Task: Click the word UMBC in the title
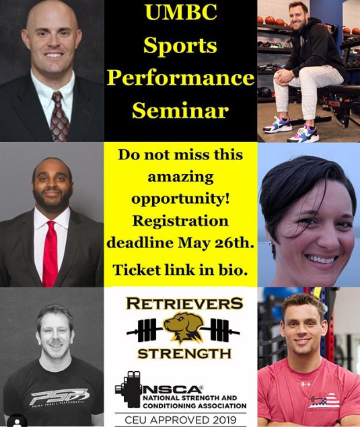tap(181, 12)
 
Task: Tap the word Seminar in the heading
tap(180, 110)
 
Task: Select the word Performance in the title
tap(180, 77)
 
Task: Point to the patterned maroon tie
tap(59, 116)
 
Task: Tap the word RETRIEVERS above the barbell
tap(184, 303)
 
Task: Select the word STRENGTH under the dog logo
tap(184, 354)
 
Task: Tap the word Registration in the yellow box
tap(180, 221)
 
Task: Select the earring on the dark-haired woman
tap(271, 242)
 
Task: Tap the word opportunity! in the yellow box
tap(180, 200)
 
